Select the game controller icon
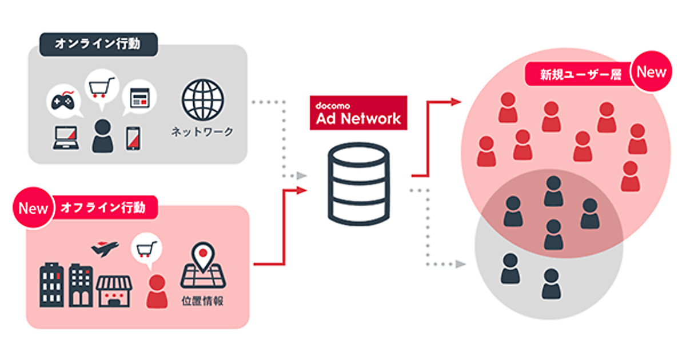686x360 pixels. [x=63, y=102]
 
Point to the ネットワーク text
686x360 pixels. [x=202, y=132]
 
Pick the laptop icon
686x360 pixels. [x=67, y=138]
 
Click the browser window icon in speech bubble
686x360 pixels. [x=138, y=98]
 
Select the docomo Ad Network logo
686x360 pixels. [x=358, y=113]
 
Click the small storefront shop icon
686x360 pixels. [x=114, y=290]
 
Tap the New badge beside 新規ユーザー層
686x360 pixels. [x=651, y=72]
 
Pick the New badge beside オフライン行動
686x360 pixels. [x=33, y=208]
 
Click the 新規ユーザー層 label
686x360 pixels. [x=580, y=75]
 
